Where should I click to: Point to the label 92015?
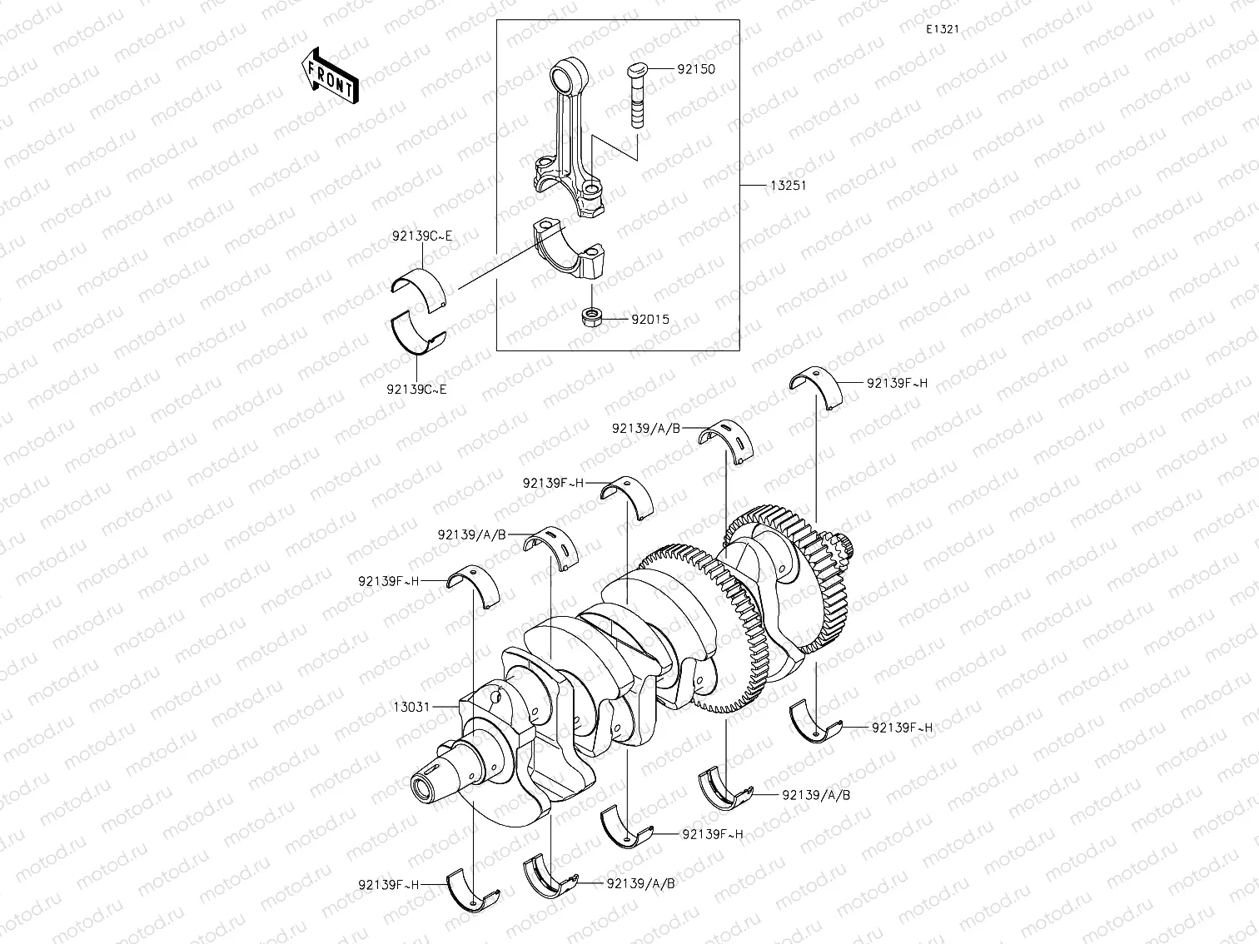pos(649,319)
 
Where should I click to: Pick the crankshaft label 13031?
pos(411,707)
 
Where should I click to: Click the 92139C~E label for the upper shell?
pos(422,236)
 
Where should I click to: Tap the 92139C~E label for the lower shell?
pos(416,389)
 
